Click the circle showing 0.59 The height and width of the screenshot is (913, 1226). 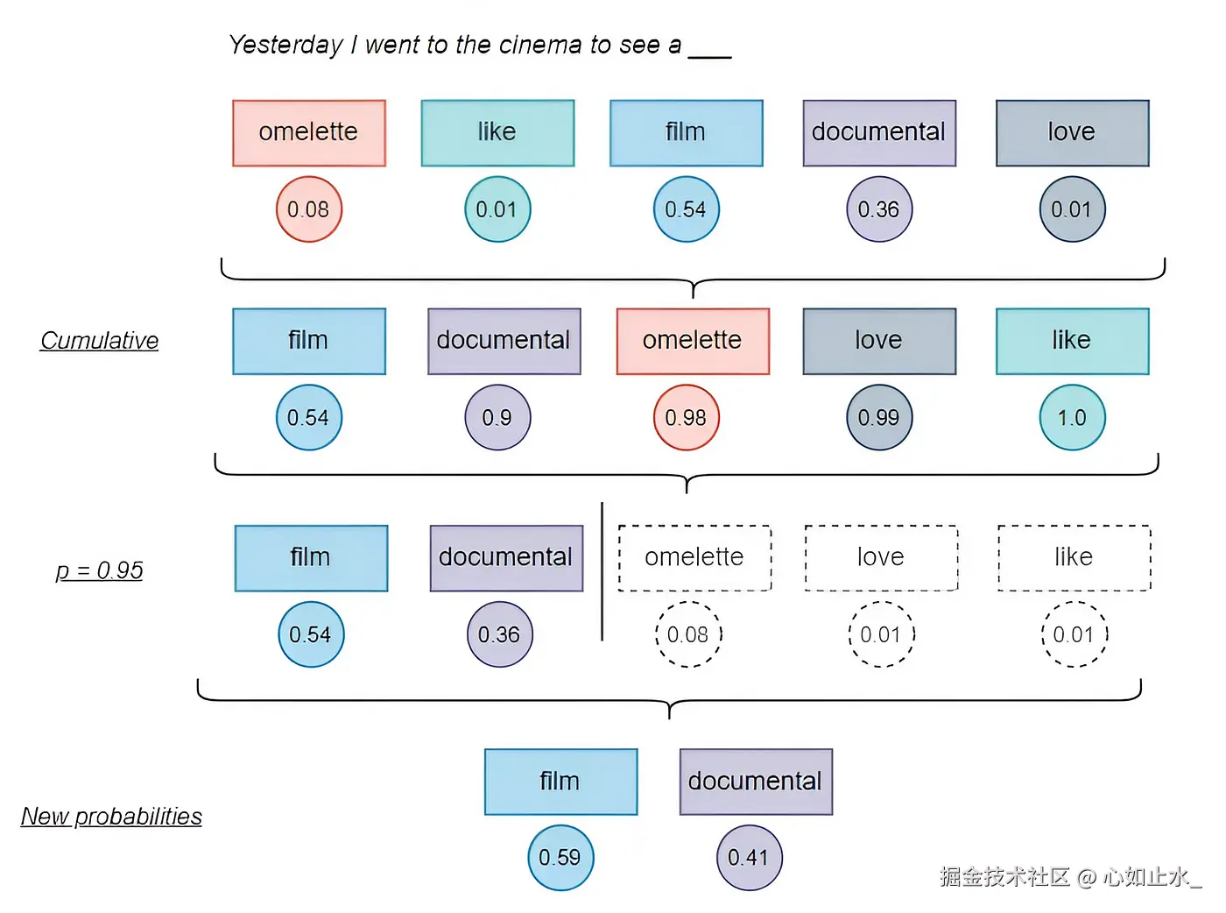[x=560, y=858]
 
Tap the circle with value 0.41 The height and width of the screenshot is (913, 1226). [x=749, y=858]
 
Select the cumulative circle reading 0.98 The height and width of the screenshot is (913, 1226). [x=686, y=418]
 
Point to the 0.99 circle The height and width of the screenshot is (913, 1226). [x=879, y=418]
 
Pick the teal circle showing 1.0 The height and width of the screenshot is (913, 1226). [x=1072, y=418]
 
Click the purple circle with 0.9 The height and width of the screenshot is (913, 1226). [x=497, y=418]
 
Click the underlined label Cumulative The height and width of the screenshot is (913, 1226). [x=99, y=341]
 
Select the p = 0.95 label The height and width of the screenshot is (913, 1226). [x=99, y=570]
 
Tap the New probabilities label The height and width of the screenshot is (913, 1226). [x=111, y=817]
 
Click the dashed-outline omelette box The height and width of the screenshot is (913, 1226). [x=694, y=558]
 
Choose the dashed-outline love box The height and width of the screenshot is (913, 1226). [x=881, y=558]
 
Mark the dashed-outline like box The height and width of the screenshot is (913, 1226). [x=1074, y=558]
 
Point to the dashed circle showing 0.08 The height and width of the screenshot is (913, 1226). [x=688, y=634]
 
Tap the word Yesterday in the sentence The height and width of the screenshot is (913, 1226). [x=285, y=45]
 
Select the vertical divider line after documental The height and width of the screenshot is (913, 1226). [x=602, y=571]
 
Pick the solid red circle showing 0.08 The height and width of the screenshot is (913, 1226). [x=308, y=209]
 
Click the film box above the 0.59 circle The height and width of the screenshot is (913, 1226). [x=560, y=782]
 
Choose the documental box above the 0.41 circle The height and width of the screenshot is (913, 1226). [x=756, y=782]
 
